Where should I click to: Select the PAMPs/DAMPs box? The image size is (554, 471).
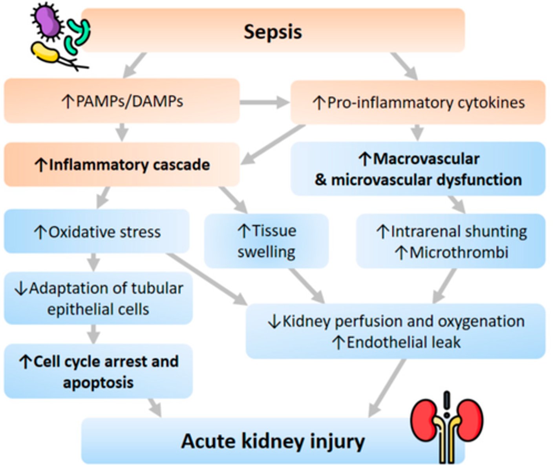(x=122, y=101)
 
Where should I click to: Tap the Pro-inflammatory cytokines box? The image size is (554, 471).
(x=418, y=103)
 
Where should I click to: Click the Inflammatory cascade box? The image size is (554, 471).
(x=122, y=164)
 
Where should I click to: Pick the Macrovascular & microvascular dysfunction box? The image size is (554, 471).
(x=418, y=169)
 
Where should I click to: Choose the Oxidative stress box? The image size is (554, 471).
(x=97, y=232)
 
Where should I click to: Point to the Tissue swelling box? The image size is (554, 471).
(x=267, y=241)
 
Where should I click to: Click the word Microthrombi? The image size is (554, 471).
(x=459, y=252)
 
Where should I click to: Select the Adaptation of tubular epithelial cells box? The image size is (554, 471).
(x=98, y=299)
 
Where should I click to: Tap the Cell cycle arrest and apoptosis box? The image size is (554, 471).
(x=98, y=371)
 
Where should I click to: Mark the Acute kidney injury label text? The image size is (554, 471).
(x=273, y=441)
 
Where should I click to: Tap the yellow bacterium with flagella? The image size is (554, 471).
(x=46, y=53)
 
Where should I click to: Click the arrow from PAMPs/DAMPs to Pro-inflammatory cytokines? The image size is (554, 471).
(x=264, y=103)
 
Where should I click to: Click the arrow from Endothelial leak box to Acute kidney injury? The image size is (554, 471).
(x=387, y=389)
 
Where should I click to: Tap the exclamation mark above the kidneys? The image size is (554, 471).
(x=446, y=404)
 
